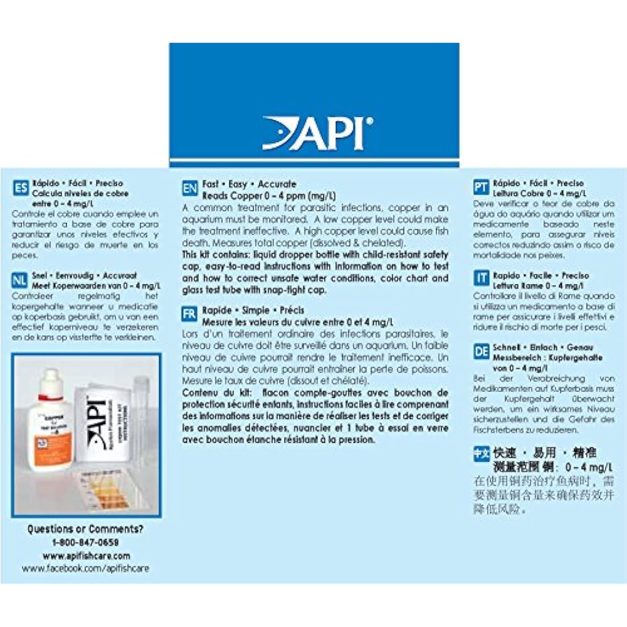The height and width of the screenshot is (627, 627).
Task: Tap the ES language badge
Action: [x=21, y=188]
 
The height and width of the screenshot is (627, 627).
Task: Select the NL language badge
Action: [x=20, y=280]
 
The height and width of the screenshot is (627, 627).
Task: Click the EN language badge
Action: [x=190, y=189]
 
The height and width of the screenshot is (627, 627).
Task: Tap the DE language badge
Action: [x=482, y=352]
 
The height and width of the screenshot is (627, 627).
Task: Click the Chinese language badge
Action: [x=482, y=454]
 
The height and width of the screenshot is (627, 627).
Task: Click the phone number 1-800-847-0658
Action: [x=86, y=542]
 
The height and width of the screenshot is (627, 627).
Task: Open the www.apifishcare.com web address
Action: [x=86, y=555]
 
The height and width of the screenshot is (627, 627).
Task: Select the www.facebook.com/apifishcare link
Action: [x=85, y=568]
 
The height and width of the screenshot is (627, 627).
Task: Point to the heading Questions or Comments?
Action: [x=85, y=529]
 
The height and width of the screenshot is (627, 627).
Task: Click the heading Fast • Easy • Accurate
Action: [x=249, y=184]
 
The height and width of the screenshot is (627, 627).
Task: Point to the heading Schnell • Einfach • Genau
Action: [x=543, y=347]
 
